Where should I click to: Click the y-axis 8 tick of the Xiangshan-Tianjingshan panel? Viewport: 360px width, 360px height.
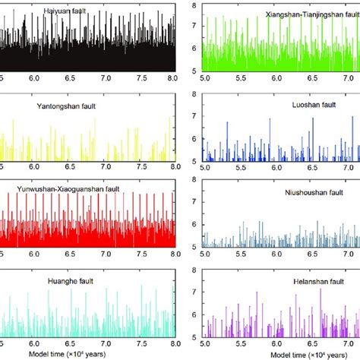(194, 6)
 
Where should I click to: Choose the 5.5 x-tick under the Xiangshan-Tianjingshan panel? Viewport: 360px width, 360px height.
(242, 77)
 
